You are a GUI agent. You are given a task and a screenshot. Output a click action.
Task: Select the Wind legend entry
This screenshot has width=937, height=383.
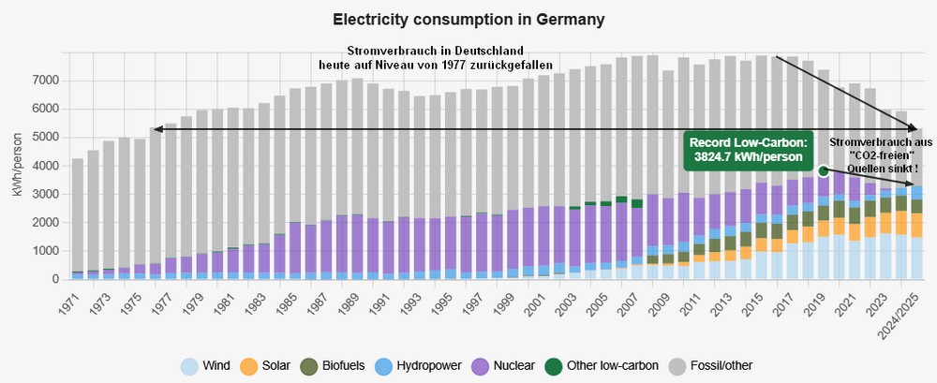point(207,365)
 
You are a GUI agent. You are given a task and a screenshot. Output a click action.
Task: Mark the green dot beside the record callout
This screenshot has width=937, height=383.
point(822,170)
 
